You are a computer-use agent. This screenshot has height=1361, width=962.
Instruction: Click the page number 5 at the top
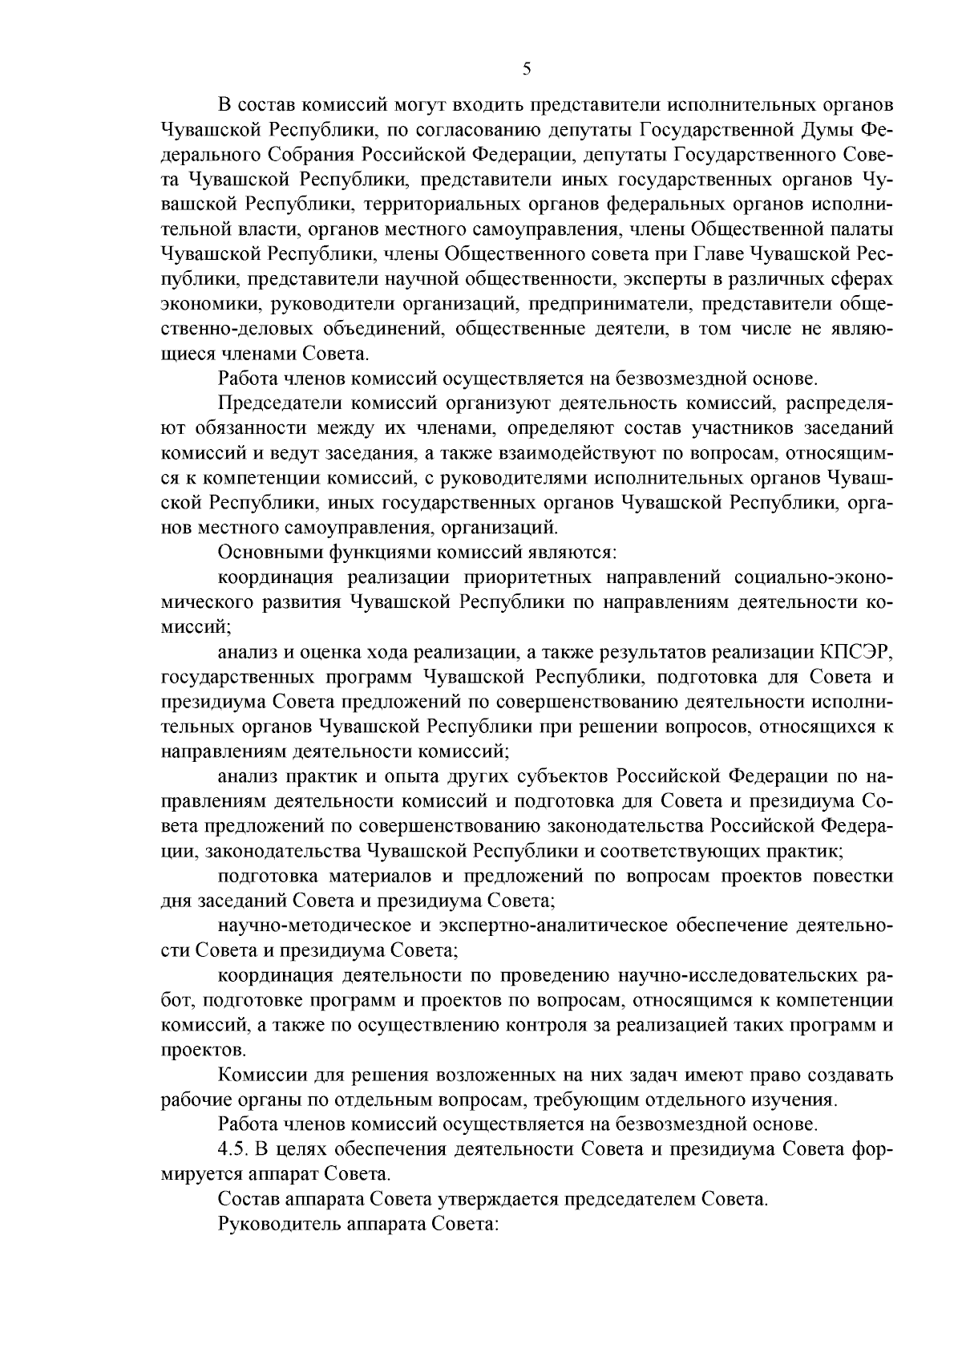tap(527, 69)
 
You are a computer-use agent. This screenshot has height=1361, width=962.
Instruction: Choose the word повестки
tap(855, 875)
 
